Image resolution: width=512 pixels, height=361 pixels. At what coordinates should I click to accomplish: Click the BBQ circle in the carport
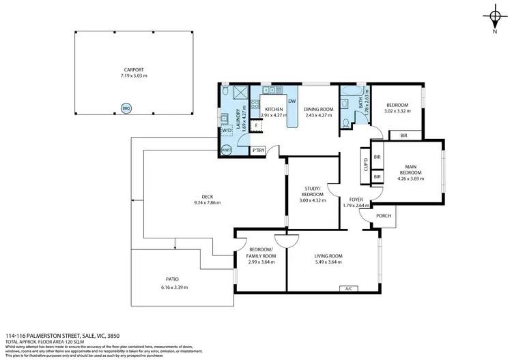pyautogui.click(x=126, y=108)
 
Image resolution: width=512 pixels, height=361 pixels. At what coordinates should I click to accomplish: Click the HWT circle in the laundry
pyautogui.click(x=226, y=150)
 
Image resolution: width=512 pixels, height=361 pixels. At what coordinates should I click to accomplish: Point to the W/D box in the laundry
pyautogui.click(x=226, y=131)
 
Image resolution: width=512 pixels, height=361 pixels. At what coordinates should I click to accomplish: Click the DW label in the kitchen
pyautogui.click(x=291, y=101)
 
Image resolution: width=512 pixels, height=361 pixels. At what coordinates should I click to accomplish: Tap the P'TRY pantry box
pyautogui.click(x=258, y=150)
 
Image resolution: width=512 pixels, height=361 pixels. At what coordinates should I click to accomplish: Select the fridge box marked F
pyautogui.click(x=256, y=125)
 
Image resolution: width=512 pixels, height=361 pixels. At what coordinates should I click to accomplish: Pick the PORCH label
pyautogui.click(x=384, y=217)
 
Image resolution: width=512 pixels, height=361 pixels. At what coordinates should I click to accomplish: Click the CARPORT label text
pyautogui.click(x=134, y=69)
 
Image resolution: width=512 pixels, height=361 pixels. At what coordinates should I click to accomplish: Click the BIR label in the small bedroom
pyautogui.click(x=403, y=135)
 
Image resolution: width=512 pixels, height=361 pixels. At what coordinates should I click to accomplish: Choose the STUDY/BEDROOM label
pyautogui.click(x=314, y=194)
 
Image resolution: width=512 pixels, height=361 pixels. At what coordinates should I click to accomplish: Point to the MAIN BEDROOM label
pyautogui.click(x=411, y=169)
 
